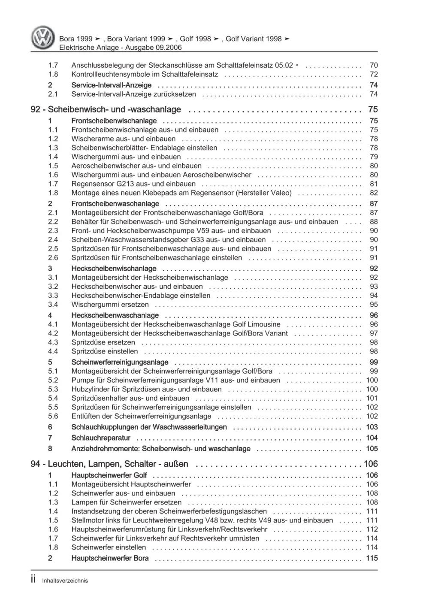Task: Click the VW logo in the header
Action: [x=43, y=37]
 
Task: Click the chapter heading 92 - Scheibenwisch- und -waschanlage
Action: [x=106, y=109]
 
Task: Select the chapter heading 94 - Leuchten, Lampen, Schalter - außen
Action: [x=109, y=464]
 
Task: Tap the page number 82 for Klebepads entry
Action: [x=374, y=193]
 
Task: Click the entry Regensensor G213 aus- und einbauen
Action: [x=127, y=184]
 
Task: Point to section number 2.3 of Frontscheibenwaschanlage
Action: [x=53, y=231]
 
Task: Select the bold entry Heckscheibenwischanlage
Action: [x=114, y=269]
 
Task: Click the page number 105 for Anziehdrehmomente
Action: [x=372, y=449]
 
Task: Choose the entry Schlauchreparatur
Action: [x=101, y=438]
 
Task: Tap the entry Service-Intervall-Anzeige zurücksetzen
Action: [x=133, y=94]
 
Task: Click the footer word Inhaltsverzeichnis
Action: [x=65, y=580]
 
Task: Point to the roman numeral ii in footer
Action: [x=33, y=580]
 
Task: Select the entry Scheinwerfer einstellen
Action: [x=109, y=547]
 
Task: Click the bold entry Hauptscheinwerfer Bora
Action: [x=110, y=558]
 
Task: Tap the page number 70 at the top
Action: [x=374, y=66]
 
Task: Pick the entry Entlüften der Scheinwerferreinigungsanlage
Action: [x=141, y=417]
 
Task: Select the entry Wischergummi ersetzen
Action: [x=110, y=305]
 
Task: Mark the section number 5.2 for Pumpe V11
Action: [x=53, y=381]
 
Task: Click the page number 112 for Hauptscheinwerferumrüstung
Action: [x=372, y=529]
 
